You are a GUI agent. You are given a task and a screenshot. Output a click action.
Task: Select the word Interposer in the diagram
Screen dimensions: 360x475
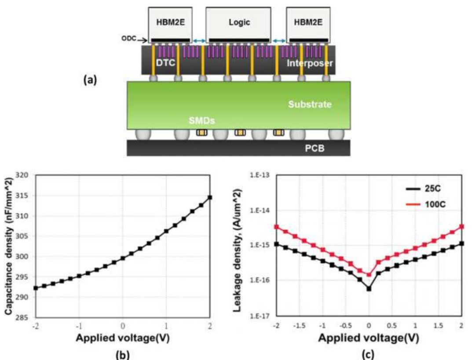pyautogui.click(x=310, y=64)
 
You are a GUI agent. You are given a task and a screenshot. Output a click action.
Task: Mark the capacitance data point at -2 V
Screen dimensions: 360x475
pyautogui.click(x=36, y=288)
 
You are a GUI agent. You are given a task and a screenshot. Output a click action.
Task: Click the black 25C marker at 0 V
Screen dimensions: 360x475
pyautogui.click(x=369, y=288)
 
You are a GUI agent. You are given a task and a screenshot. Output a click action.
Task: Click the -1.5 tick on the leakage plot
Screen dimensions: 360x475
pyautogui.click(x=300, y=326)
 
